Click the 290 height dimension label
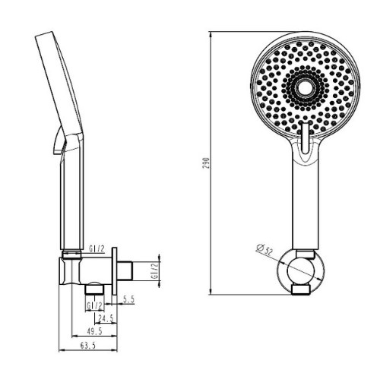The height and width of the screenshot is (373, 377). [x=207, y=163]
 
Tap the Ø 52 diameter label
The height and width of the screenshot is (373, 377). [x=265, y=248]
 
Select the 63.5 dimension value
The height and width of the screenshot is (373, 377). [x=88, y=346]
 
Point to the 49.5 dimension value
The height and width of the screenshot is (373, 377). [x=94, y=331]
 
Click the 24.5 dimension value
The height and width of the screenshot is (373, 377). [x=106, y=318]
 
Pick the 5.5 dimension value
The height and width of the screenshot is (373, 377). [x=128, y=299]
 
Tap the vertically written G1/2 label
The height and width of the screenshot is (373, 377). [x=155, y=270]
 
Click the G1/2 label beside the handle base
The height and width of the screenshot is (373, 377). [x=97, y=249]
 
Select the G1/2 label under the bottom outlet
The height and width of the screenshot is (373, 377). [x=95, y=306]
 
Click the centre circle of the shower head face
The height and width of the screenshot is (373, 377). [x=303, y=87]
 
